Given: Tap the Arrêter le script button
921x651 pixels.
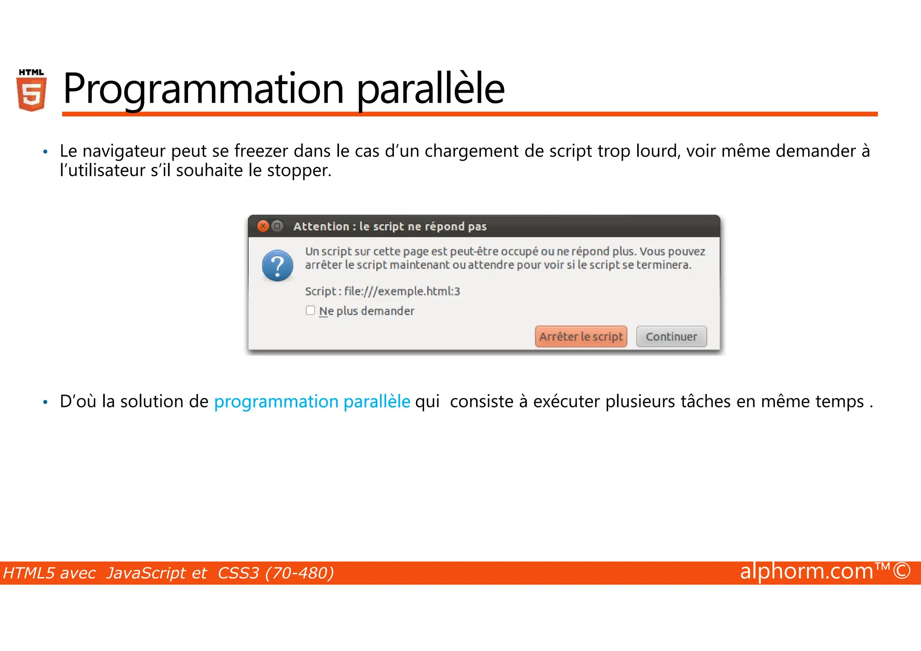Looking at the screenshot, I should pyautogui.click(x=581, y=337).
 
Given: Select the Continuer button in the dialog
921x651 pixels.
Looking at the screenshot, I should pyautogui.click(x=671, y=337).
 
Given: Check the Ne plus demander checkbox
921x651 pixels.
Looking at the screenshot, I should pyautogui.click(x=310, y=310).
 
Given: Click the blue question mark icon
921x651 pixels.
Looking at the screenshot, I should pyautogui.click(x=277, y=265).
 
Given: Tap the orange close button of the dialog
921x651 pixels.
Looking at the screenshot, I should pyautogui.click(x=263, y=226).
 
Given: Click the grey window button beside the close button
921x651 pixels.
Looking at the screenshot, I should pyautogui.click(x=277, y=226).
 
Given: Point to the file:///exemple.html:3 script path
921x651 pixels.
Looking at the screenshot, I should pyautogui.click(x=402, y=292).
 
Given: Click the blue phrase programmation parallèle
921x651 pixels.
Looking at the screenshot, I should pyautogui.click(x=312, y=401).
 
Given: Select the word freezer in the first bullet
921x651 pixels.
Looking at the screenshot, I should pyautogui.click(x=261, y=151).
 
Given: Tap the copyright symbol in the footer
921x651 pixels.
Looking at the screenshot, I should pyautogui.click(x=902, y=571).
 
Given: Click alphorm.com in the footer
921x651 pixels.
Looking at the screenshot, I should pyautogui.click(x=806, y=571).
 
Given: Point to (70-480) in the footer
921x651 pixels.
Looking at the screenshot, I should pyautogui.click(x=300, y=573).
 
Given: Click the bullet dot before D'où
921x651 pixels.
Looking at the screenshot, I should pyautogui.click(x=45, y=402).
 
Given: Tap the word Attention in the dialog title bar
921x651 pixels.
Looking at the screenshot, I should pyautogui.click(x=321, y=226).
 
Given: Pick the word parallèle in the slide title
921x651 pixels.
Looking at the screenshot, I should pyautogui.click(x=430, y=89).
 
